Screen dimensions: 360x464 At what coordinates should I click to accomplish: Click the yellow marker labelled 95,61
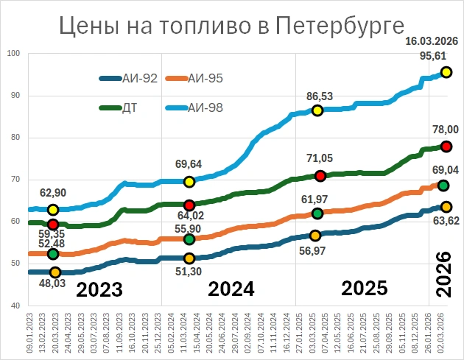point(446,72)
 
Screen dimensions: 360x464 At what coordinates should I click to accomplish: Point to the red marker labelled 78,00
point(446,146)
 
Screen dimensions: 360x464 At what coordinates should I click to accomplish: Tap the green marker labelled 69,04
point(443,186)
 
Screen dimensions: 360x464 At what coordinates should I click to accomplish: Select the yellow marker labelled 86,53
point(317,110)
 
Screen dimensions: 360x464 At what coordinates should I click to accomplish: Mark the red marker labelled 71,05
point(320,175)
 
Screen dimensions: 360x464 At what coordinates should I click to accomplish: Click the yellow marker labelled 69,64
point(189,181)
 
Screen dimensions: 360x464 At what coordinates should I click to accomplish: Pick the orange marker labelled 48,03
point(55,272)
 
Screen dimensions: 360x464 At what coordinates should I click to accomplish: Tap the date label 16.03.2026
point(432,40)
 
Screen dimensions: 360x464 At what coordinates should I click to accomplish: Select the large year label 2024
point(231,289)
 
